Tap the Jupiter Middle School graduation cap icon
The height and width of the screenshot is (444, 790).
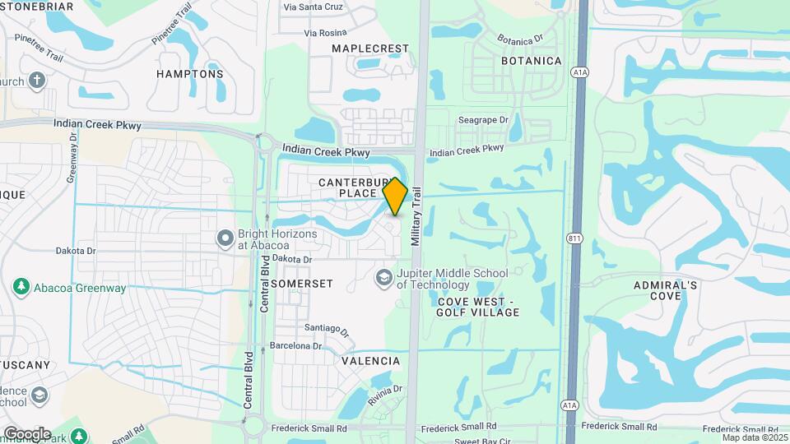[383, 278]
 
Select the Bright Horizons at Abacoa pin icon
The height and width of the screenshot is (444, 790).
[225, 239]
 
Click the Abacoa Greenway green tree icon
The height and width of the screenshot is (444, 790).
[21, 288]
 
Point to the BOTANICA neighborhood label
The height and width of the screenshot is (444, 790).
[532, 61]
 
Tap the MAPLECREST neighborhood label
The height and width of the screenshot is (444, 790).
[370, 49]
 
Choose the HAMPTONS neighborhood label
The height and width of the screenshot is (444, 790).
[190, 74]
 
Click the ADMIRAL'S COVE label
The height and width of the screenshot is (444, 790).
[666, 290]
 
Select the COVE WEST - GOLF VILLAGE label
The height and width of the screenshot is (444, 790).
[478, 307]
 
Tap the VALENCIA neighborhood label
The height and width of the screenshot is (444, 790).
[370, 361]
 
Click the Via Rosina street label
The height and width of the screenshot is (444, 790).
[325, 33]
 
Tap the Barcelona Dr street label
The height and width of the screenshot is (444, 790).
[294, 346]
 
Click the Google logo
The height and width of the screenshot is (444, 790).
[27, 433]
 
